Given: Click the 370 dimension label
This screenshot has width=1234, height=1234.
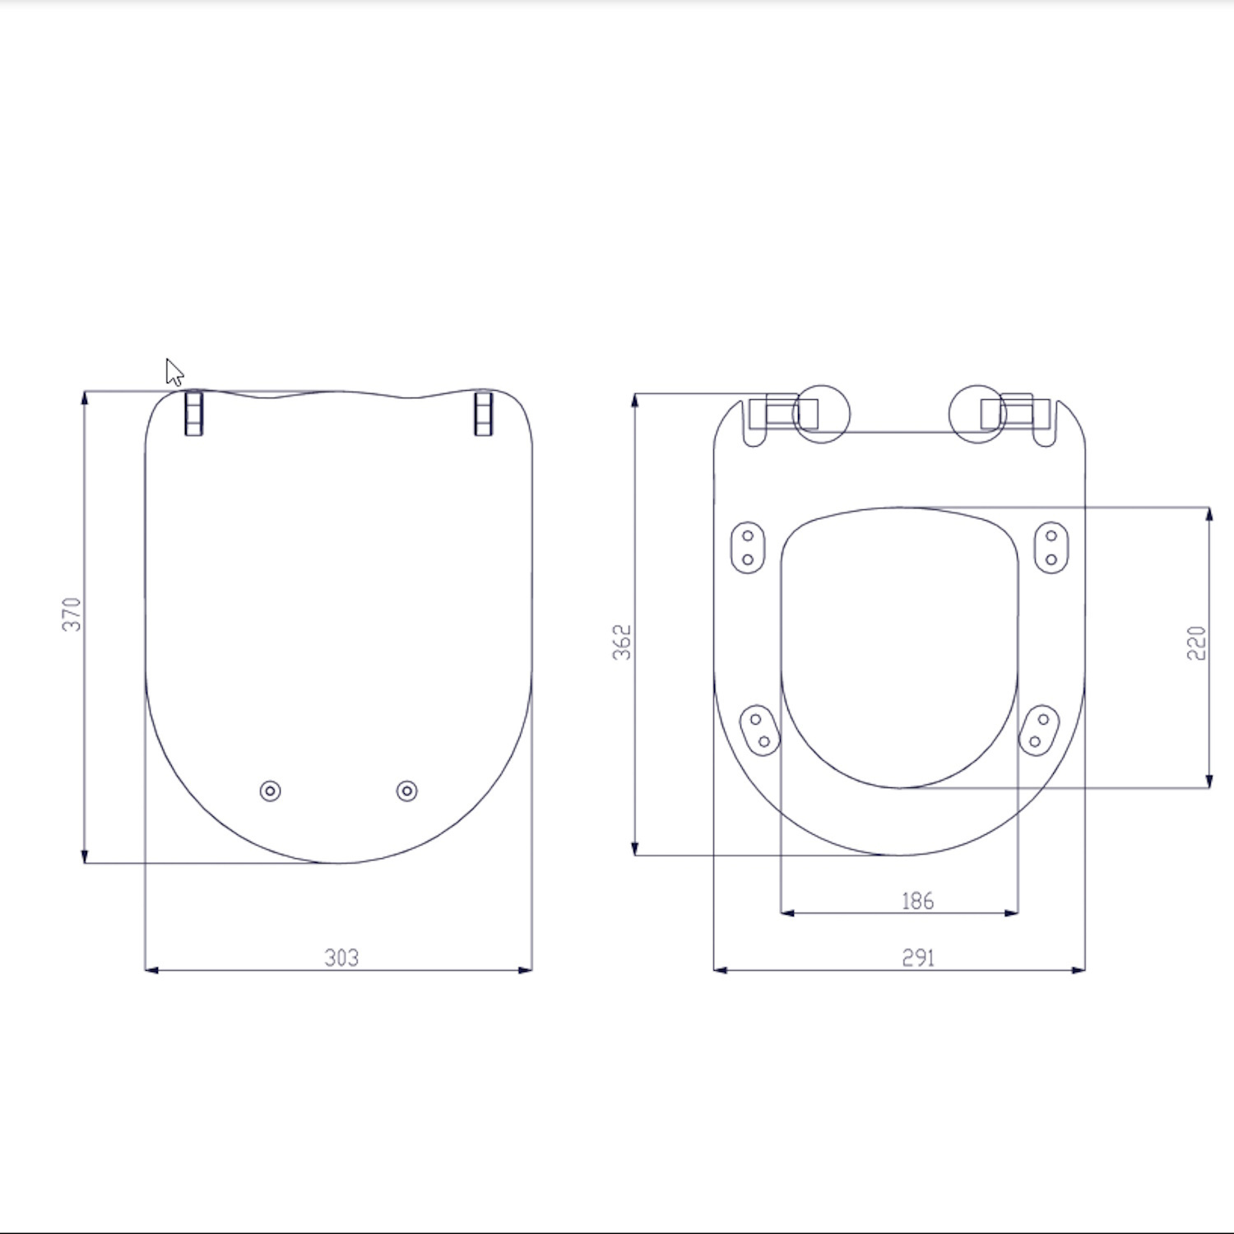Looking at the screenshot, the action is [x=72, y=615].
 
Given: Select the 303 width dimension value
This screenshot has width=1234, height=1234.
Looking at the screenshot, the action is [x=341, y=958].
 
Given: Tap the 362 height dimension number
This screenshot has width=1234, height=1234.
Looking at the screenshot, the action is [x=622, y=642].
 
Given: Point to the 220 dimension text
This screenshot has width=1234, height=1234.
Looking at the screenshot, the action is [x=1196, y=643].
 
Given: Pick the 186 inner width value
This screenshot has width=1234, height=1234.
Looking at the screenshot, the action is [x=917, y=901].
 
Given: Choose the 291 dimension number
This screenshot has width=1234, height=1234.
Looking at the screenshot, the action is [x=918, y=958].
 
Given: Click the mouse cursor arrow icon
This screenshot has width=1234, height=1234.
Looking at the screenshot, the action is [x=174, y=372].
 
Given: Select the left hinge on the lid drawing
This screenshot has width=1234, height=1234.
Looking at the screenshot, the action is [x=193, y=413].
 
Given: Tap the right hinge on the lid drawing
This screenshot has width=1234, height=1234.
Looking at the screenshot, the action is [x=484, y=413].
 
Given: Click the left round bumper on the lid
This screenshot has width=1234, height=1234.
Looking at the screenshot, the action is [x=270, y=791].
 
